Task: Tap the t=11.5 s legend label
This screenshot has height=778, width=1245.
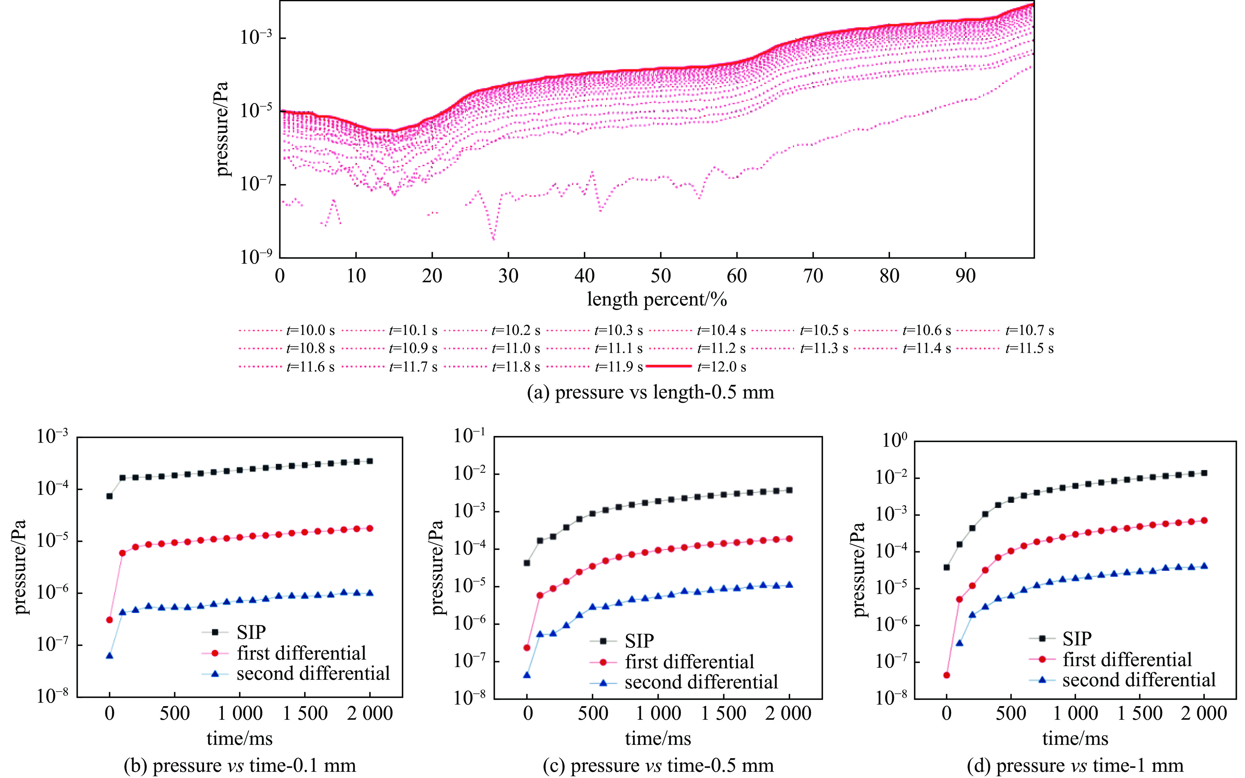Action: pyautogui.click(x=1029, y=348)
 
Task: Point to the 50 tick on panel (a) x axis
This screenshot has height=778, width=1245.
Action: pyautogui.click(x=660, y=276)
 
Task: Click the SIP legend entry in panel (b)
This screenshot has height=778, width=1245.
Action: pyautogui.click(x=251, y=632)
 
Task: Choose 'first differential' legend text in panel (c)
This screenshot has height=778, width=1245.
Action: pyautogui.click(x=689, y=662)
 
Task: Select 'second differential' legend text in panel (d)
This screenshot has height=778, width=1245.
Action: pyautogui.click(x=1138, y=680)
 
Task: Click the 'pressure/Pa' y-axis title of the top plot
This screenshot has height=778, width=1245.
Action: pyautogui.click(x=222, y=129)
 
